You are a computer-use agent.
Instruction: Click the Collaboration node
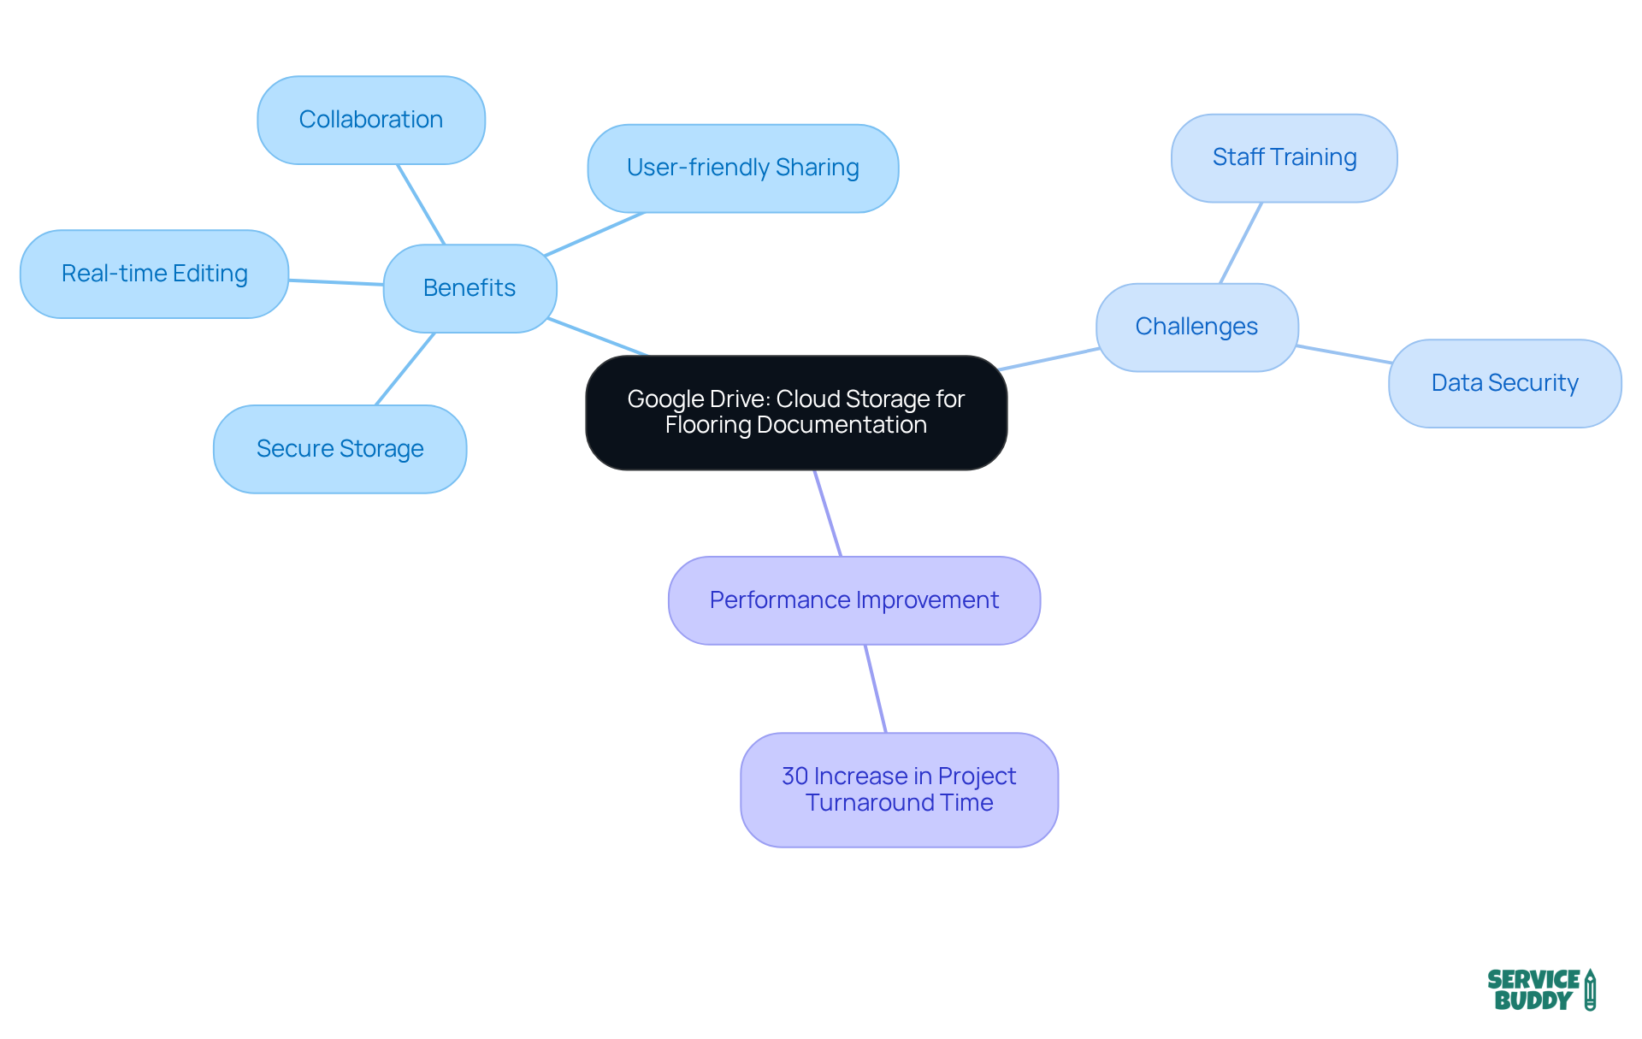(x=371, y=120)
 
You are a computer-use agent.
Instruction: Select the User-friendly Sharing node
(x=742, y=168)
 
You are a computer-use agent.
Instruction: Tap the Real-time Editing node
(x=154, y=274)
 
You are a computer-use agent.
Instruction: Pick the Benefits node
(x=470, y=288)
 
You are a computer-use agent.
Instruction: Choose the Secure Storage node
(x=340, y=449)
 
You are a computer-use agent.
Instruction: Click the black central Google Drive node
(x=795, y=412)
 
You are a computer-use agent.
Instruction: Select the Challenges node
(x=1196, y=327)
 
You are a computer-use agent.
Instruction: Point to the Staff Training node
(x=1284, y=157)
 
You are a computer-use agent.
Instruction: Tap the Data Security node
(x=1504, y=383)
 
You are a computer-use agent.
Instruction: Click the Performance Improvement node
(x=853, y=600)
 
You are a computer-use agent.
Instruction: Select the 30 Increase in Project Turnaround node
(x=899, y=789)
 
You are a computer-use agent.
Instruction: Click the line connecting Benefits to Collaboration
(x=421, y=204)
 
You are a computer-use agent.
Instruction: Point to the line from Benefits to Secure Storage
(x=405, y=369)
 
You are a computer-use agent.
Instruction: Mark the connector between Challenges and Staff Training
(x=1241, y=243)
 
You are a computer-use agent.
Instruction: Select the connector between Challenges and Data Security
(x=1344, y=354)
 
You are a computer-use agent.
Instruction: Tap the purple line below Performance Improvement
(x=876, y=688)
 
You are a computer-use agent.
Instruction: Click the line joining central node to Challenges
(x=1048, y=359)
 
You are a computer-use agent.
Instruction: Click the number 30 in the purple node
(x=794, y=776)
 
